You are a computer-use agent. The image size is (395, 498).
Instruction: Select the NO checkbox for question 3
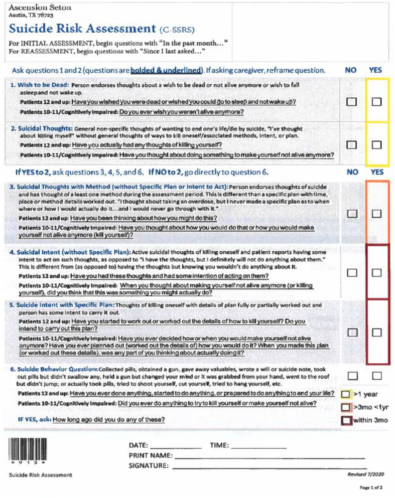(352, 214)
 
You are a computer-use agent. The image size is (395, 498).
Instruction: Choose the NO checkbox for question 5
(352, 333)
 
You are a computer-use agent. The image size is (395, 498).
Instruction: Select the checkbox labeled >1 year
(346, 394)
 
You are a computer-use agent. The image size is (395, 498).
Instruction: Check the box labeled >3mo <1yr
(346, 407)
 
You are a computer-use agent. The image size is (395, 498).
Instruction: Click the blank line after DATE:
(176, 446)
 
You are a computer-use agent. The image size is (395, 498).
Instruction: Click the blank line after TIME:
(258, 446)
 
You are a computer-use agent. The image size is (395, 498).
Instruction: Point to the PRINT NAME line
(269, 457)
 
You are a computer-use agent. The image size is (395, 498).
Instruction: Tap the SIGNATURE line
(269, 467)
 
